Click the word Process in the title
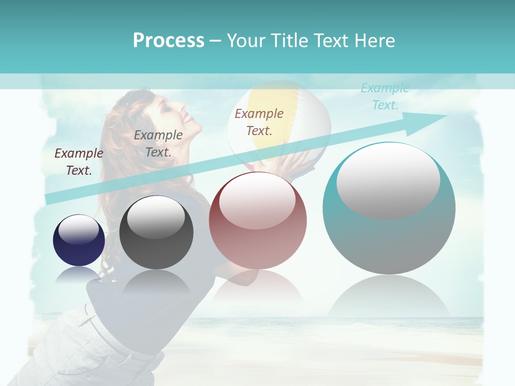coord(168,40)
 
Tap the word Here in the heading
coord(375,40)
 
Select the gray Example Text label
coord(158,144)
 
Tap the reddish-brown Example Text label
coord(259,122)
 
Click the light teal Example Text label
coord(385,96)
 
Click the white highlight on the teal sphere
coord(388,180)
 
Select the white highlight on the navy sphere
coord(78,229)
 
